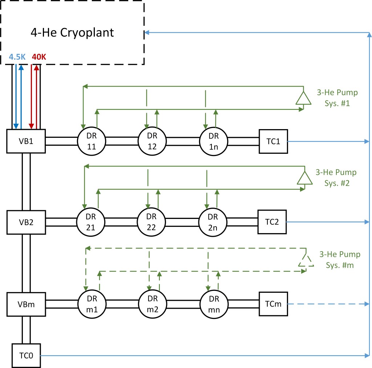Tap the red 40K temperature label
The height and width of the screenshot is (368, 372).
[x=39, y=57]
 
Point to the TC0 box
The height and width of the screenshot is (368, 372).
[x=26, y=356]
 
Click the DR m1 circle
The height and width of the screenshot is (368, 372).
[x=91, y=303]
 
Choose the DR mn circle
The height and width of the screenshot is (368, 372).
[x=214, y=303]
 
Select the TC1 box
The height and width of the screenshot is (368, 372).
[x=273, y=141]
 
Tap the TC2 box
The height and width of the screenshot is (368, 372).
[x=272, y=221]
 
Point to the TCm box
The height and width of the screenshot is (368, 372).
[x=273, y=303]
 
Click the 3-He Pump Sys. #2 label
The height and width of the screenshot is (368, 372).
[x=336, y=177]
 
